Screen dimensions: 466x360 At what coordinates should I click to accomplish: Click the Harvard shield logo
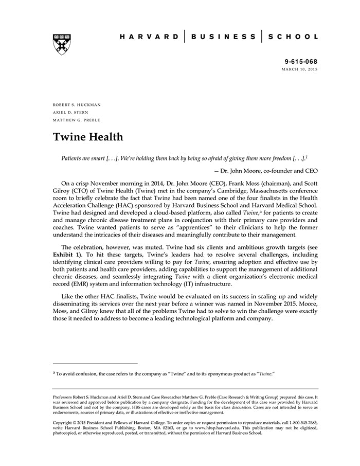click(62, 44)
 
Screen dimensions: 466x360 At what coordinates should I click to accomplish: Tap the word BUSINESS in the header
click(223, 37)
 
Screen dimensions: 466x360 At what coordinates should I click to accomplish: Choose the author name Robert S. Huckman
click(77, 105)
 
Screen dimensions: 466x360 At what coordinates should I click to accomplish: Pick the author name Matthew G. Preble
click(77, 120)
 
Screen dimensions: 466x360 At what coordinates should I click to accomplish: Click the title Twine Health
click(87, 137)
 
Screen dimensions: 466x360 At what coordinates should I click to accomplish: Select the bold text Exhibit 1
click(66, 255)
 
